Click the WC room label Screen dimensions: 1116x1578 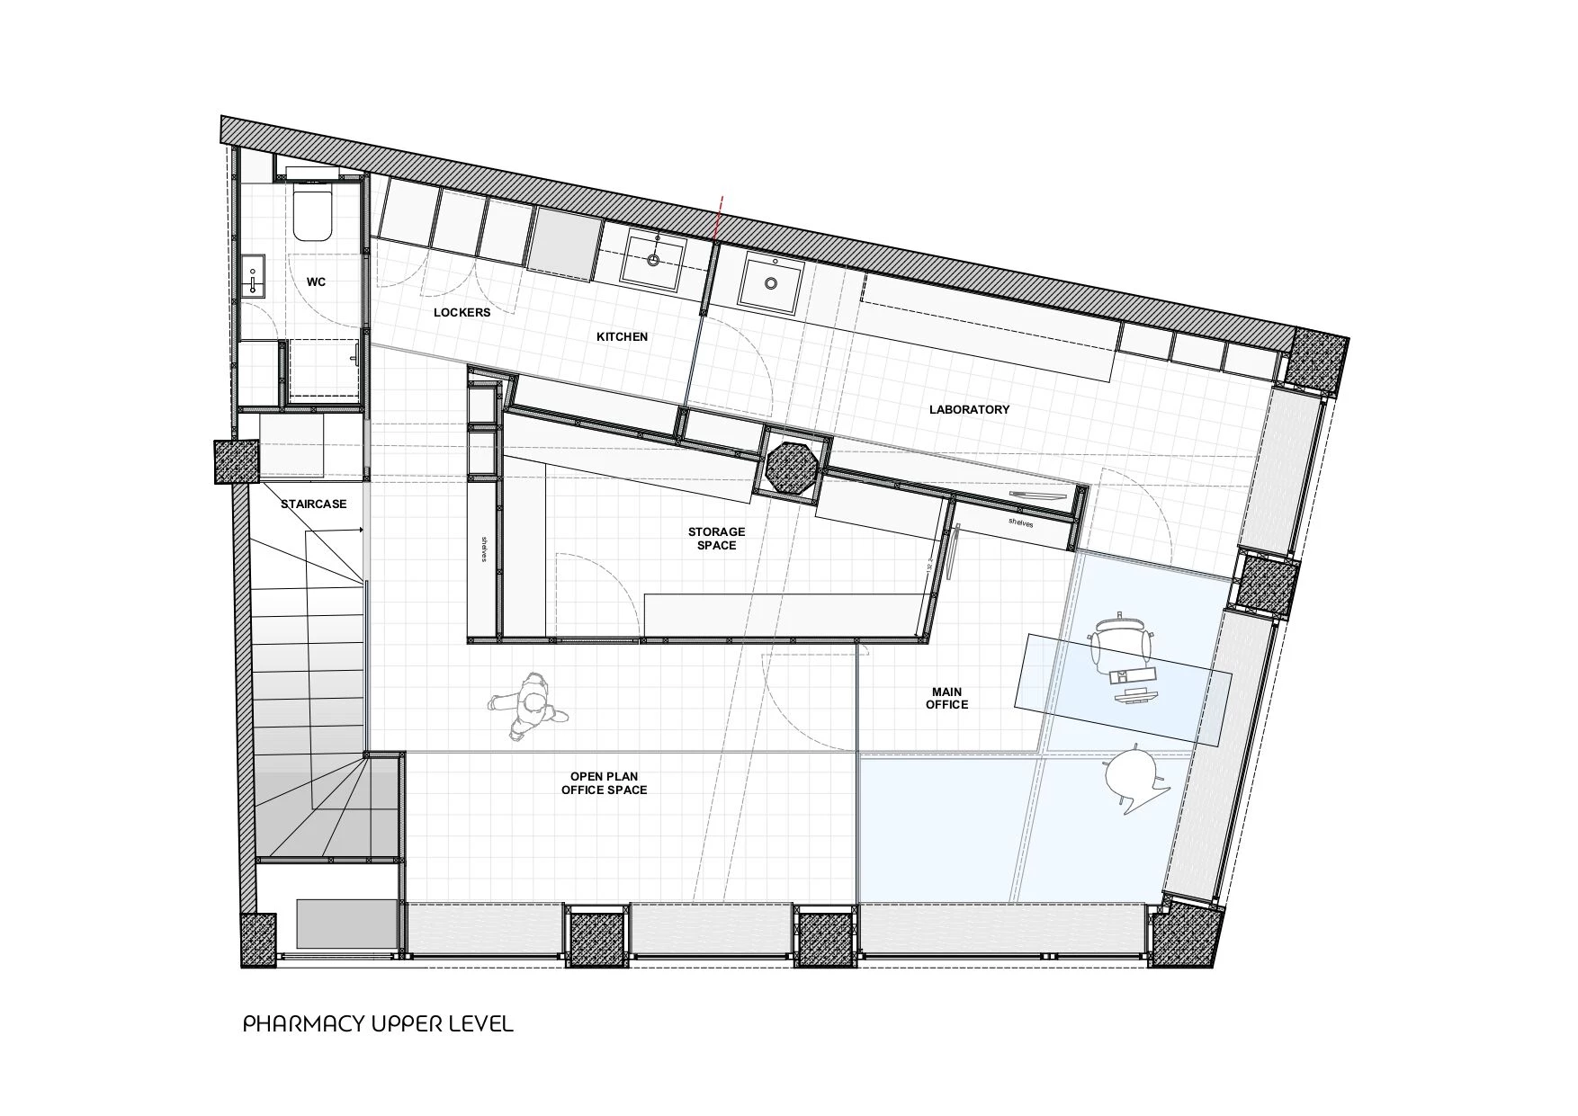[x=316, y=281]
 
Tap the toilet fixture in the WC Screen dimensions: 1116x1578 [x=313, y=211]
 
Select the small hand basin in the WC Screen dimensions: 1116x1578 [x=253, y=274]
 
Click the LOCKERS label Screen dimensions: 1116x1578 [x=462, y=312]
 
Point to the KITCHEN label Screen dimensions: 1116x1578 [x=622, y=336]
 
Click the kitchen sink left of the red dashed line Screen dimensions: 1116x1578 [x=652, y=259]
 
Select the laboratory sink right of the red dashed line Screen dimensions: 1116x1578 [x=771, y=281]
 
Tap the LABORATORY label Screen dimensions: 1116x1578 [x=969, y=409]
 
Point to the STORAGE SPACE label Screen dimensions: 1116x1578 [x=716, y=539]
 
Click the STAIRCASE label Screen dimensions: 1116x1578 [x=313, y=504]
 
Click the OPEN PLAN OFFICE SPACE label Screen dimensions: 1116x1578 [x=604, y=783]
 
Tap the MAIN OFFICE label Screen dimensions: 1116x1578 [x=946, y=699]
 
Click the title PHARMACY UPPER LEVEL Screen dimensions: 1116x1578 [x=378, y=1023]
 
